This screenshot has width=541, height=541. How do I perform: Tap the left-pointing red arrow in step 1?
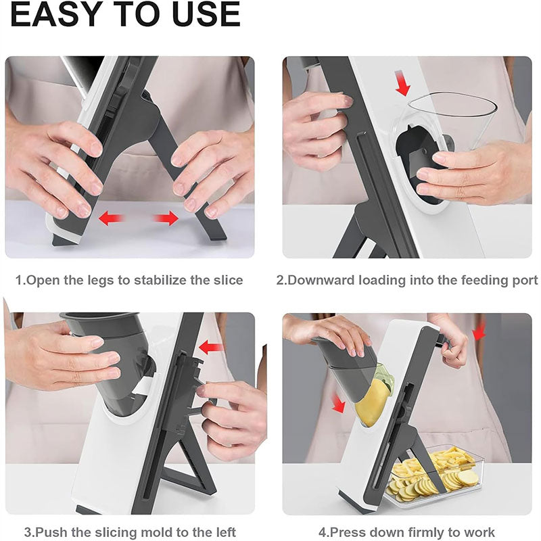click(112, 218)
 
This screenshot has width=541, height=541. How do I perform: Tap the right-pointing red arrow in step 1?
click(166, 218)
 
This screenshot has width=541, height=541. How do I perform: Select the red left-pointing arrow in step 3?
click(212, 348)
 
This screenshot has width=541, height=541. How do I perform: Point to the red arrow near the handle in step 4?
click(479, 331)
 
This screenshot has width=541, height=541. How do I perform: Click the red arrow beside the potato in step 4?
click(337, 403)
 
